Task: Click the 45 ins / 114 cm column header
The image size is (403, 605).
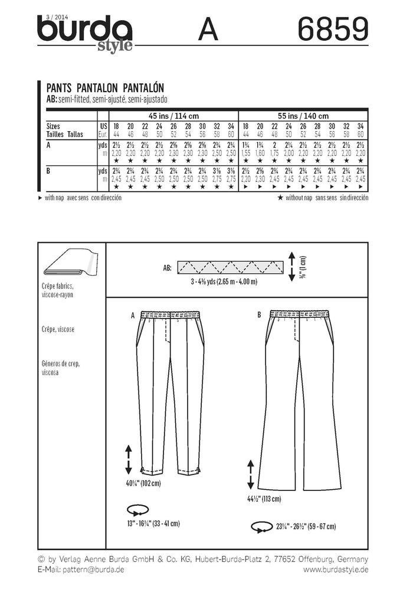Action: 173,116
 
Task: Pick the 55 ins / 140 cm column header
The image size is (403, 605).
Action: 303,116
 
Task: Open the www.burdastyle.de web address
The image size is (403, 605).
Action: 336,569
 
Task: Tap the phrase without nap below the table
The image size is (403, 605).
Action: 298,198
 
